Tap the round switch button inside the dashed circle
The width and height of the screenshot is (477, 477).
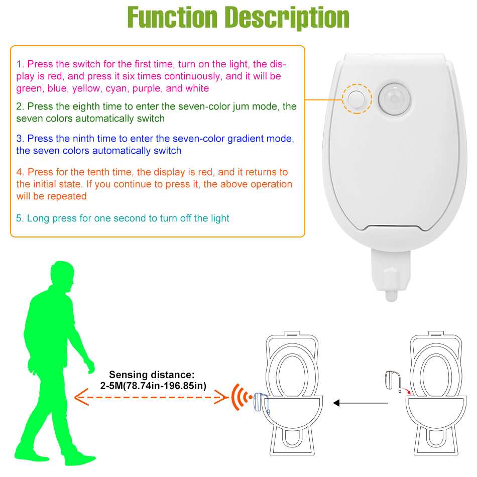click(x=357, y=98)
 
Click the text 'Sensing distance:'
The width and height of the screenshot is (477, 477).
click(x=152, y=375)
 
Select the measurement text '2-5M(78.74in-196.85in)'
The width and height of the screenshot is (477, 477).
click(x=152, y=386)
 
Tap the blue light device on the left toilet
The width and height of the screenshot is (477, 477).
click(x=260, y=402)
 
